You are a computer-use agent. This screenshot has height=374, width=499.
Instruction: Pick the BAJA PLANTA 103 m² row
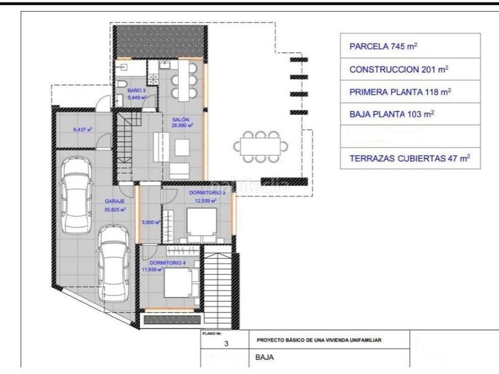pos(410,114)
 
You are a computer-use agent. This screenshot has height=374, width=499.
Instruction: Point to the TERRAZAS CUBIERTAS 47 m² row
pos(410,158)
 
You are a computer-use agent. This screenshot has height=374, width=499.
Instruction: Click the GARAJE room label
pos(115,202)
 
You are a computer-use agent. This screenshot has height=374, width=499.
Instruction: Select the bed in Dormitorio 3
pos(201,224)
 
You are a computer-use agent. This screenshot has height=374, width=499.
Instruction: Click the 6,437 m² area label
pos(82,130)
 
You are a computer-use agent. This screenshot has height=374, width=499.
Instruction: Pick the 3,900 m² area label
pos(151,222)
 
